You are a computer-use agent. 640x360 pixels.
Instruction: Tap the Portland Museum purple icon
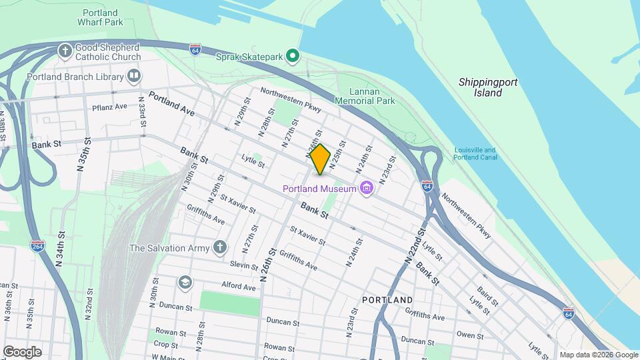coord(365,189)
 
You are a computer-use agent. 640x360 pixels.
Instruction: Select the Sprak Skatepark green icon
coord(292,56)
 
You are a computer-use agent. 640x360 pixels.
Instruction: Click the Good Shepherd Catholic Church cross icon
coord(65,51)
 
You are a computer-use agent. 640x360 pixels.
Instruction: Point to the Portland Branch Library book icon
coord(135,76)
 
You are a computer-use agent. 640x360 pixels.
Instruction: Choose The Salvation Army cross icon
coord(220,248)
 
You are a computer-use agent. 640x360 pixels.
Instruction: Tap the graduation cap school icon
coord(184,283)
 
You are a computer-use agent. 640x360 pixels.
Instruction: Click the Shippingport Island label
coord(488,87)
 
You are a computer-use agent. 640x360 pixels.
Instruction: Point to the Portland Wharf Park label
coord(100,17)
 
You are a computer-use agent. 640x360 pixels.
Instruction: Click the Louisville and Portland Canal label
coord(475,154)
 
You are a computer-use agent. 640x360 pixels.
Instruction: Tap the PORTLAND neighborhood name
coord(387,300)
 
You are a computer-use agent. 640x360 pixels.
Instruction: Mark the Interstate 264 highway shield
coord(37,247)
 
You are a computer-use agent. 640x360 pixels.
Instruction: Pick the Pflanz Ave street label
coord(109,107)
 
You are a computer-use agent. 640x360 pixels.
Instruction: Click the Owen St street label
coord(470,335)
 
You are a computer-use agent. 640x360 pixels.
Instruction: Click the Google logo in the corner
coord(22,352)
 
